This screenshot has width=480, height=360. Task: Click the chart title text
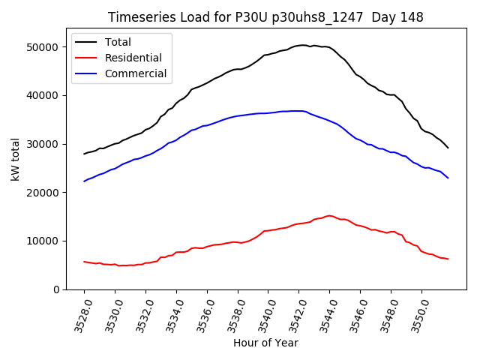point(265,17)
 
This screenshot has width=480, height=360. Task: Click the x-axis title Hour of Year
point(265,343)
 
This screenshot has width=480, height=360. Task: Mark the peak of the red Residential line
point(330,215)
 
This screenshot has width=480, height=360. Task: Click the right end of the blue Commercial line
point(448,178)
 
